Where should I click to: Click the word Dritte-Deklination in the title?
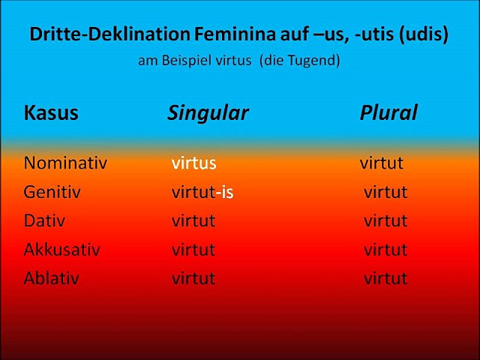pyautogui.click(x=110, y=34)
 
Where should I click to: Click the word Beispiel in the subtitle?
pyautogui.click(x=187, y=60)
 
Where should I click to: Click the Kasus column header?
pyautogui.click(x=51, y=112)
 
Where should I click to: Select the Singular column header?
pyautogui.click(x=208, y=112)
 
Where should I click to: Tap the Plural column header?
pyautogui.click(x=388, y=112)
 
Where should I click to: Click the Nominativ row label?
pyautogui.click(x=65, y=163)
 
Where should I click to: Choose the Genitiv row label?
pyautogui.click(x=52, y=192)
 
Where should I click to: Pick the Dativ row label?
pyautogui.click(x=44, y=220)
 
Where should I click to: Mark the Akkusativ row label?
pyautogui.click(x=61, y=249)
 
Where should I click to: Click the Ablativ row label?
pyautogui.click(x=52, y=278)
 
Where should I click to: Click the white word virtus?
pyautogui.click(x=193, y=163)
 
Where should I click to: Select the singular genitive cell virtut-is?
pyautogui.click(x=202, y=192)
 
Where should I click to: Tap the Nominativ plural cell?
pyautogui.click(x=382, y=163)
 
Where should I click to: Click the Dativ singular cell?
pyautogui.click(x=193, y=220)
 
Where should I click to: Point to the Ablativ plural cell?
pyautogui.click(x=385, y=278)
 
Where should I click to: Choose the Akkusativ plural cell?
pyautogui.click(x=385, y=250)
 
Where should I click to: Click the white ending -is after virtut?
pyautogui.click(x=224, y=192)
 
